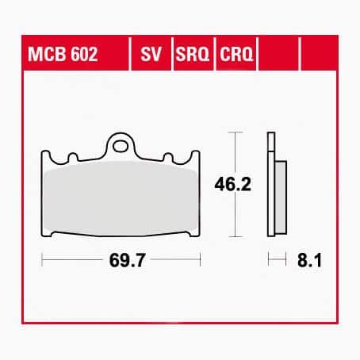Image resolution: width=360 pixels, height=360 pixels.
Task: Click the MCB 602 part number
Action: [63, 54]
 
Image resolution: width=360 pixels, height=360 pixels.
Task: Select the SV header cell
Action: [151, 54]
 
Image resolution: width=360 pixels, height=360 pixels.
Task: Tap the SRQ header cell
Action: [193, 54]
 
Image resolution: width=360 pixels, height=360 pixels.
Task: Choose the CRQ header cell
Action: [236, 54]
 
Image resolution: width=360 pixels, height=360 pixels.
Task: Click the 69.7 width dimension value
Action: [127, 260]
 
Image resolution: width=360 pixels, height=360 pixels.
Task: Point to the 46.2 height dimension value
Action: [232, 184]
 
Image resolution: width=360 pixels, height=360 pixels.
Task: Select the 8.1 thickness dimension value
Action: [309, 260]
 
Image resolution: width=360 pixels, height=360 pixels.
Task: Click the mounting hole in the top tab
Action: [121, 146]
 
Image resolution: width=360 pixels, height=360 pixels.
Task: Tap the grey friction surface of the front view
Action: [121, 197]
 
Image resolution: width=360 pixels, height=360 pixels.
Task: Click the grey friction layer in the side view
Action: [281, 197]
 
